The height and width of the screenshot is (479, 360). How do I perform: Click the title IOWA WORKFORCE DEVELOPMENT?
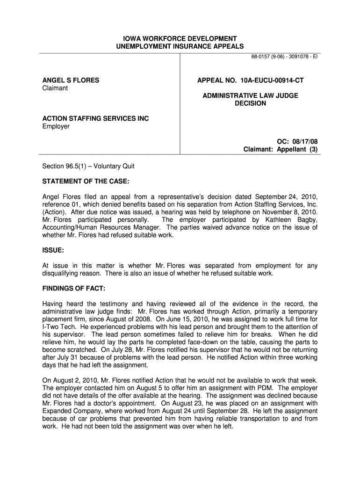tap(180, 38)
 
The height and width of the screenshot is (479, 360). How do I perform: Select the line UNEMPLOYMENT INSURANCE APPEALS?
tap(180, 46)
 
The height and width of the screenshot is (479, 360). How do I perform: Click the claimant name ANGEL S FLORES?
tap(71, 80)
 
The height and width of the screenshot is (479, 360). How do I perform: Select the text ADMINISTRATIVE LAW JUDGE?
tap(250, 96)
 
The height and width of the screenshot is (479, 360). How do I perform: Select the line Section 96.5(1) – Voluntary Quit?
tap(88, 166)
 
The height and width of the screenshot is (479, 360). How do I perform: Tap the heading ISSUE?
tap(53, 250)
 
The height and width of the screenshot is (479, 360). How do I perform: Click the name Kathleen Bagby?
tap(292, 219)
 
